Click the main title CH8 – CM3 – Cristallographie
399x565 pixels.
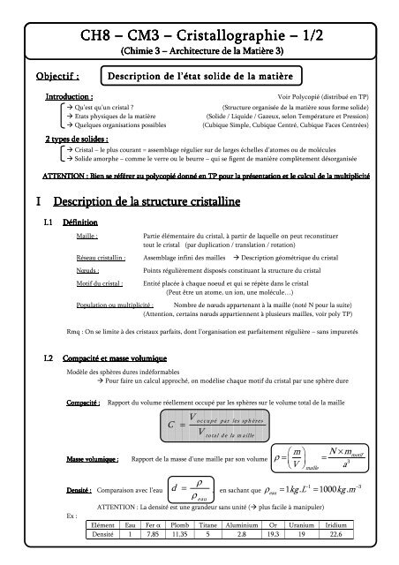(x=199, y=34)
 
